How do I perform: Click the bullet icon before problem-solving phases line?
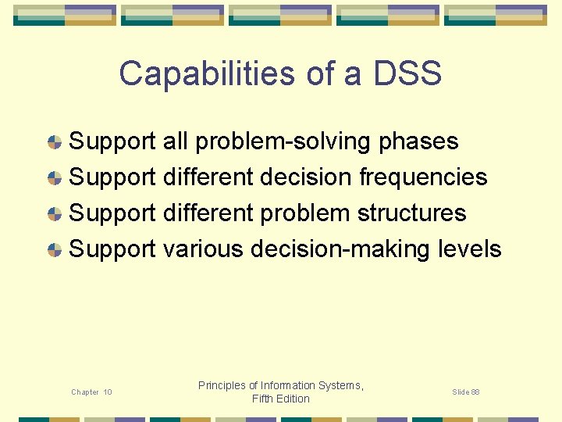pos(55,142)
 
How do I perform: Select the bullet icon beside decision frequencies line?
pos(55,178)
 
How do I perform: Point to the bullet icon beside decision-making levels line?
pos(55,250)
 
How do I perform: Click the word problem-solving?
pos(283,141)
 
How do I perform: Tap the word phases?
pos(418,141)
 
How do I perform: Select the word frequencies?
pos(423,177)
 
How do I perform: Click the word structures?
pos(411,213)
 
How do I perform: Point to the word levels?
pos(470,249)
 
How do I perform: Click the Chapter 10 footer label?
pos(91,392)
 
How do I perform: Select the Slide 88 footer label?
pos(465,392)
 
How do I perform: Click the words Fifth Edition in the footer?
pos(281,399)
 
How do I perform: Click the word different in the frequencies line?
pos(208,177)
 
